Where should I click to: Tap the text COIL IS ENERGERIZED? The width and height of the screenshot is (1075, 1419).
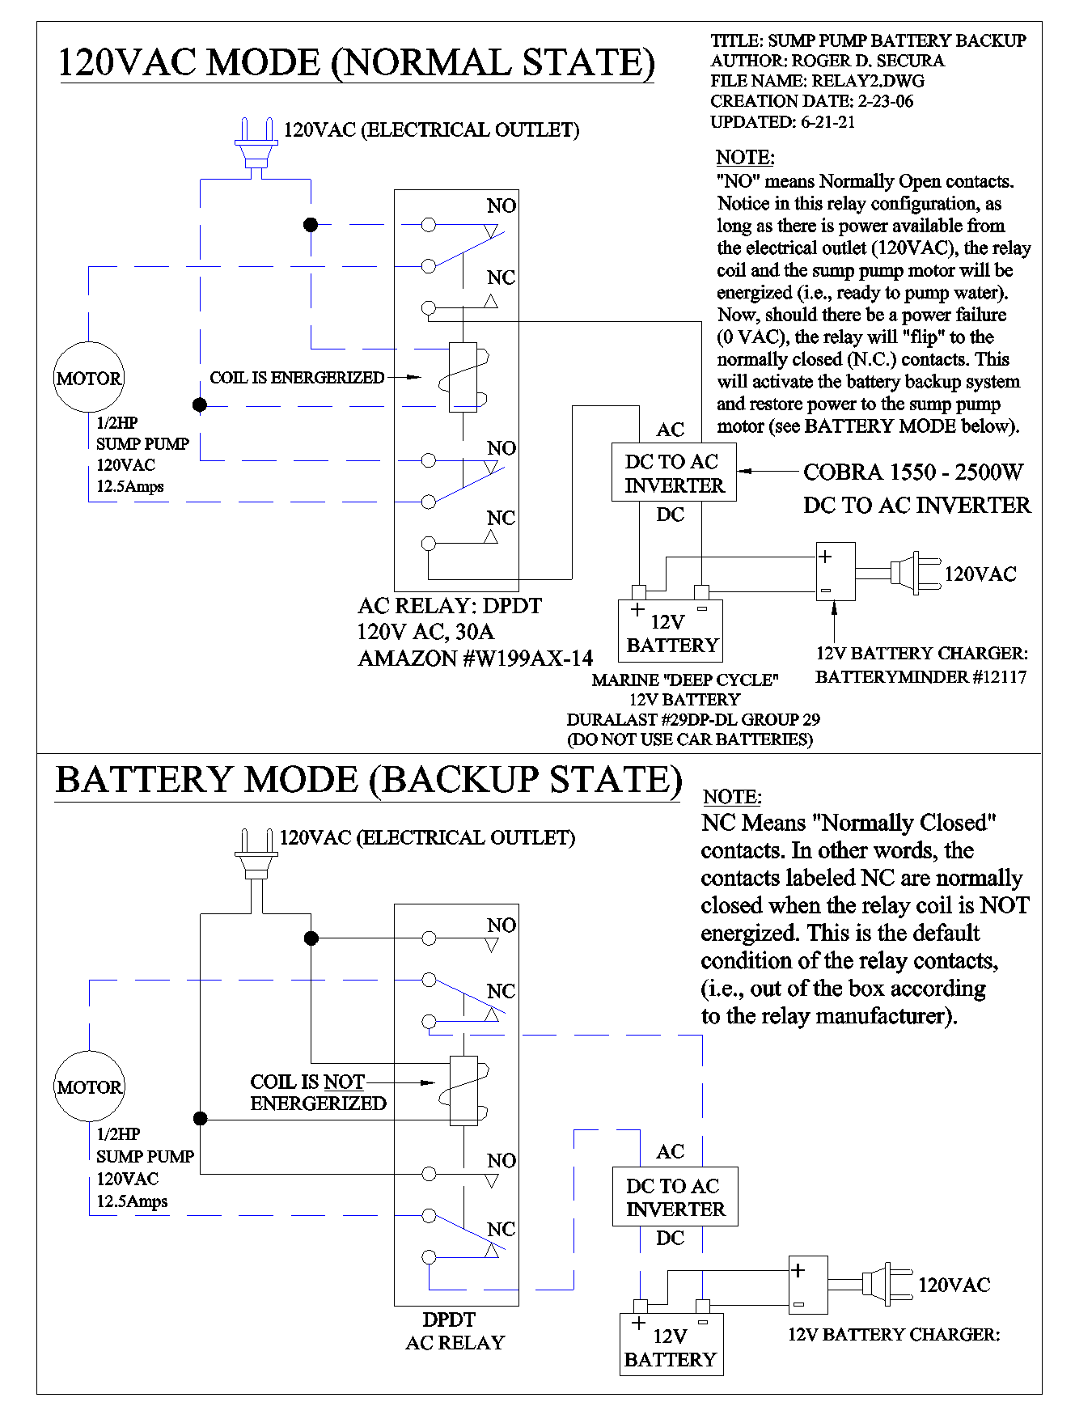point(297,378)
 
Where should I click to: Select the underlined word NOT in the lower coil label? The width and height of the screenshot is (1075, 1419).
point(345,1082)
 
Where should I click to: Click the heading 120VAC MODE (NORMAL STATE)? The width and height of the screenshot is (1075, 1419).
point(356,63)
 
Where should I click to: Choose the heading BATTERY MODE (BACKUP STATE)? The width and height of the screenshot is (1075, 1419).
point(368,780)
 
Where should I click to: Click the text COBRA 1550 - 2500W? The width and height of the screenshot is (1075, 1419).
point(913,472)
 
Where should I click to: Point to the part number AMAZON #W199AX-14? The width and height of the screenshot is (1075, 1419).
point(476,659)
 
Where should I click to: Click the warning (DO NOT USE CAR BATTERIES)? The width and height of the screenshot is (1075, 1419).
point(690,739)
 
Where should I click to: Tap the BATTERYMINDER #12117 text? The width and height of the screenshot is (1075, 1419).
point(921,677)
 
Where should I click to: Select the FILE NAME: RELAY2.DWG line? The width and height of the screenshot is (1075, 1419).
point(817,81)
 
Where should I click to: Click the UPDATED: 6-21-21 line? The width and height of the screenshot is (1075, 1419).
point(782,122)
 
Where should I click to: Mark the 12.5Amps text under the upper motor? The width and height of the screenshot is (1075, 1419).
point(130,486)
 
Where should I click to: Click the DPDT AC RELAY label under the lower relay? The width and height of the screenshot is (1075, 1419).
point(454,1331)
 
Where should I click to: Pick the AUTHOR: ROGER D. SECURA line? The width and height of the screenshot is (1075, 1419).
point(827,61)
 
